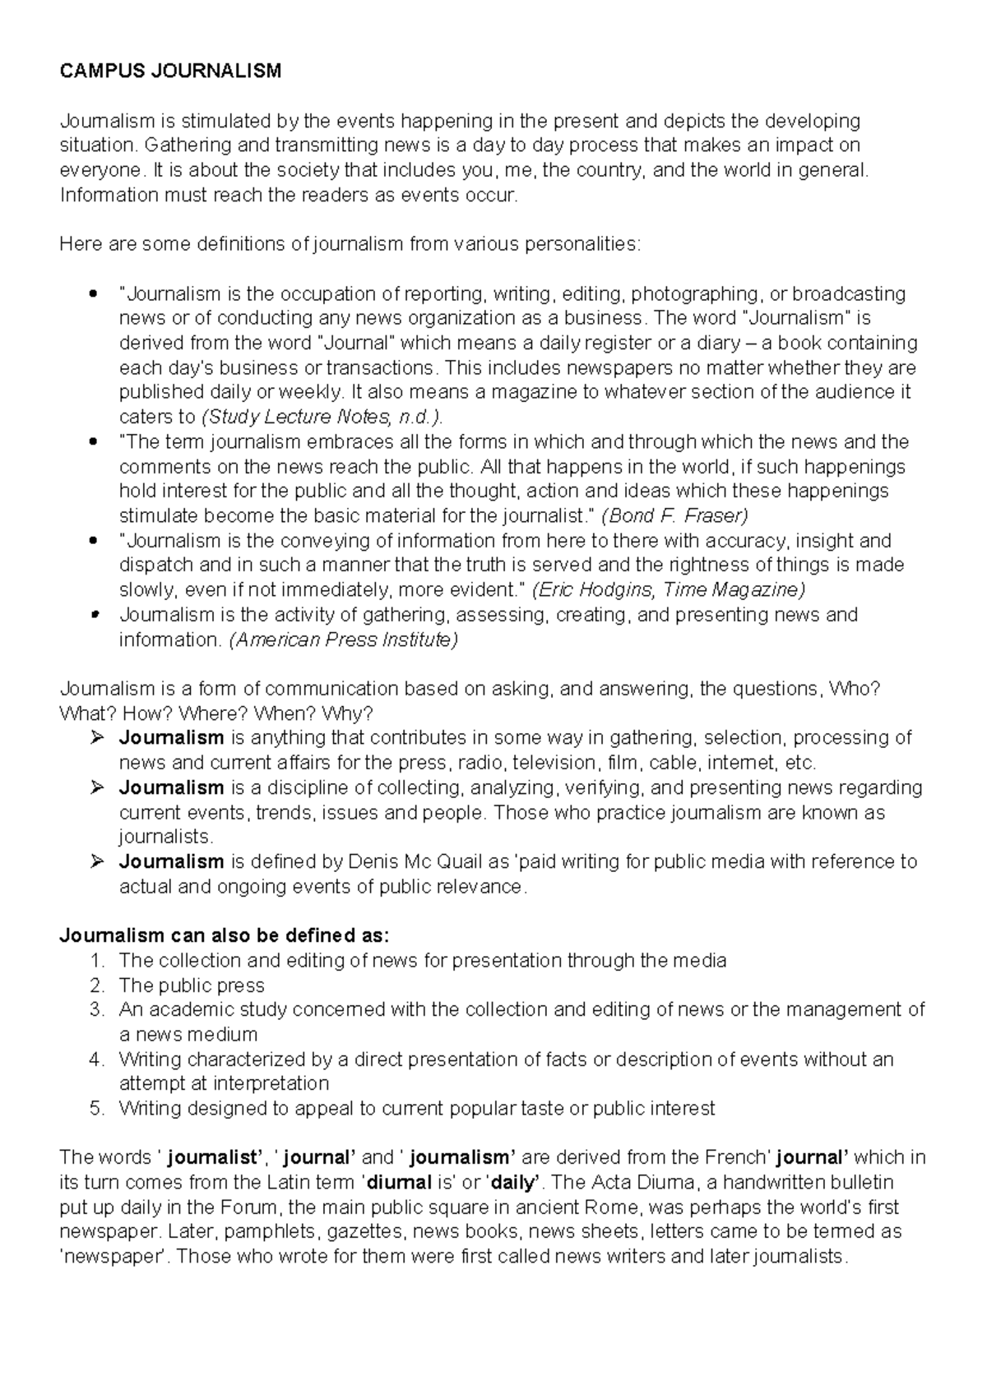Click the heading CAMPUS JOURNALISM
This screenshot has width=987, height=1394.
[170, 72]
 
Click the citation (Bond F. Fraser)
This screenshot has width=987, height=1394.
[674, 516]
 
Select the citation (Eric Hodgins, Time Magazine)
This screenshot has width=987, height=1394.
[669, 590]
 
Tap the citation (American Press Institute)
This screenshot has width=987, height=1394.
[342, 639]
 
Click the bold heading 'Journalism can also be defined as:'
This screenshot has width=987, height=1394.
[225, 935]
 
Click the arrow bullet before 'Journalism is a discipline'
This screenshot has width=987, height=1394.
[97, 787]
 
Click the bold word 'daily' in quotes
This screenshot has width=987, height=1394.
[513, 1182]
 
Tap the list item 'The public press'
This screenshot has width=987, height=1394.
[192, 985]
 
